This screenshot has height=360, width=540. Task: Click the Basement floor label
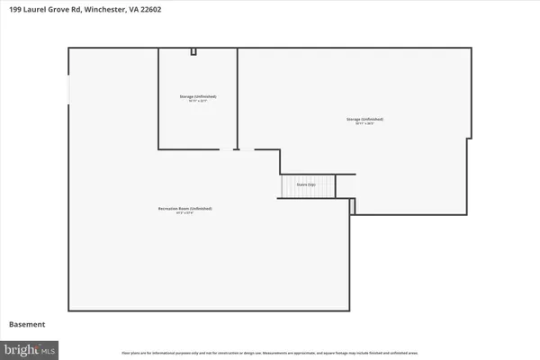point(26,324)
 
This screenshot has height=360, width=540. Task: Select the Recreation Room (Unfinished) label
point(184,208)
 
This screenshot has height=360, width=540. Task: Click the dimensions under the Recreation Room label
point(184,213)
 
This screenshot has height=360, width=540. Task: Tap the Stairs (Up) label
point(306,185)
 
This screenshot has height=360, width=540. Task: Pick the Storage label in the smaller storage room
point(197,95)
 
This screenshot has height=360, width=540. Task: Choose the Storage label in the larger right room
point(365,118)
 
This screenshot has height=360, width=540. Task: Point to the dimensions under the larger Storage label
point(365,123)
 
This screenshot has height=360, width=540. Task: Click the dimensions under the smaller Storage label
point(197,101)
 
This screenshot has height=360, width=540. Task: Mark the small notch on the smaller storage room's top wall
point(193,51)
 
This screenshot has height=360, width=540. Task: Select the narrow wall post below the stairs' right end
point(353,206)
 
